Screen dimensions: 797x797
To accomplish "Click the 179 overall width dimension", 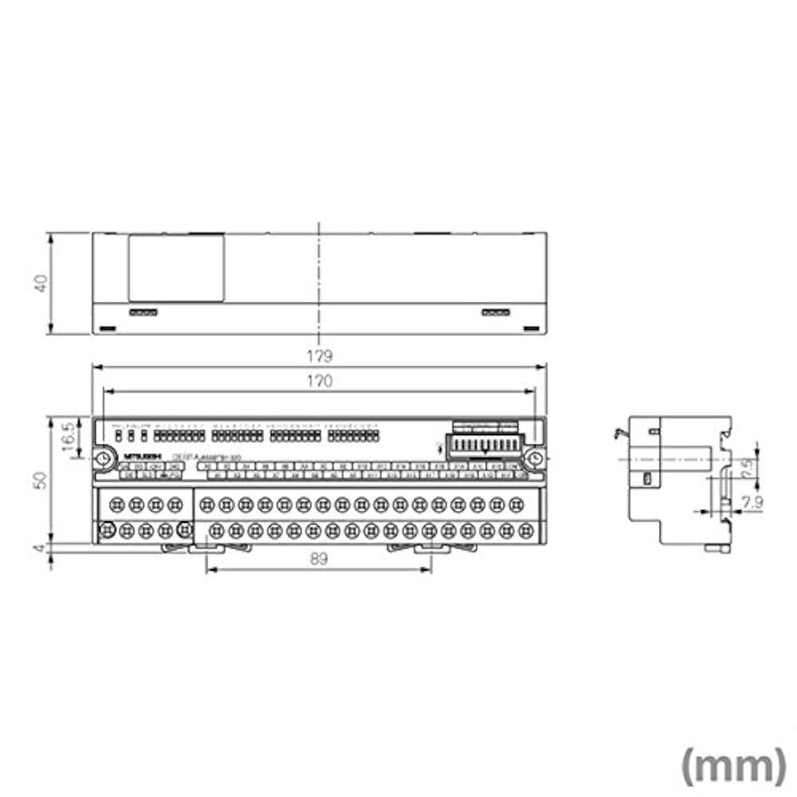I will click(319, 355).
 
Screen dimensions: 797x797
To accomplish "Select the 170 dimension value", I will click(319, 381).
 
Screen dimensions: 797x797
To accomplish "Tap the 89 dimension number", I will click(318, 560).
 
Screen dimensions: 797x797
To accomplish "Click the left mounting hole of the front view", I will click(104, 459).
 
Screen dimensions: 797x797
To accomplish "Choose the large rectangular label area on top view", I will click(176, 268).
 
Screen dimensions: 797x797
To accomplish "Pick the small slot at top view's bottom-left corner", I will click(106, 328).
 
